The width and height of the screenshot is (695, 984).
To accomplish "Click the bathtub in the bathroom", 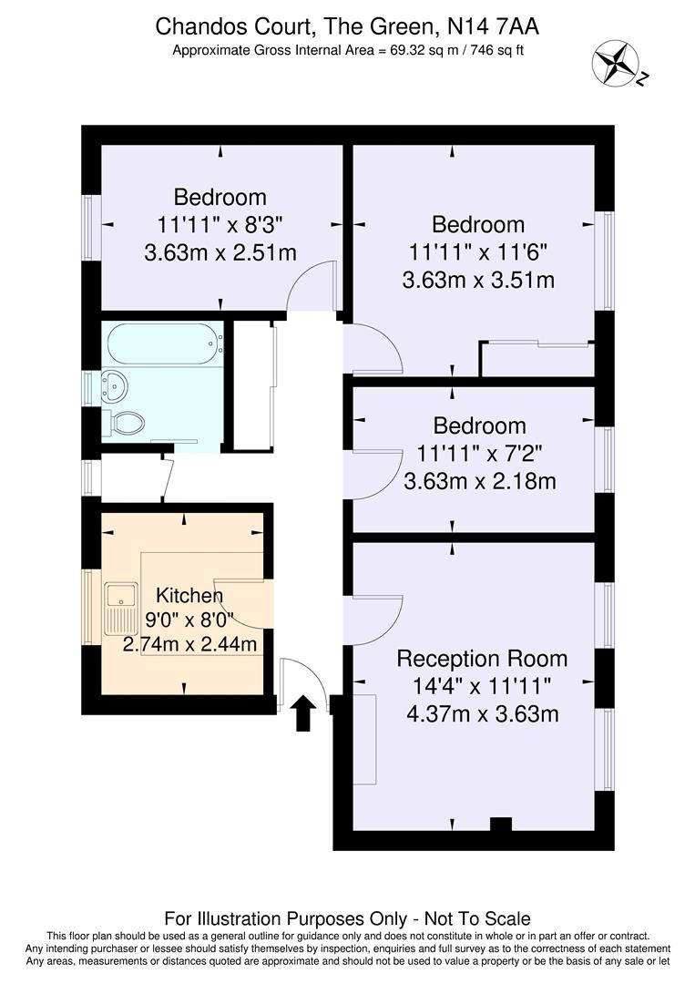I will click(165, 343).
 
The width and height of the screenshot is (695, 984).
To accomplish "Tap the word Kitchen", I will click(189, 596).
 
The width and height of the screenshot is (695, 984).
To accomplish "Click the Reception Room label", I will click(482, 659).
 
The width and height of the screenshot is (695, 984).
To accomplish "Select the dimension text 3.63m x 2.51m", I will click(220, 252).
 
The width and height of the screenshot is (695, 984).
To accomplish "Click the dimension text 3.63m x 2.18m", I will click(479, 480).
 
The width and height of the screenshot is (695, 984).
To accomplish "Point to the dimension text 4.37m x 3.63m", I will click(482, 713).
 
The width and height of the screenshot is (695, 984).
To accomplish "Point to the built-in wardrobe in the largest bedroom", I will click(537, 359).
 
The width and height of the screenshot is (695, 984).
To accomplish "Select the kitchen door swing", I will click(241, 601).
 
